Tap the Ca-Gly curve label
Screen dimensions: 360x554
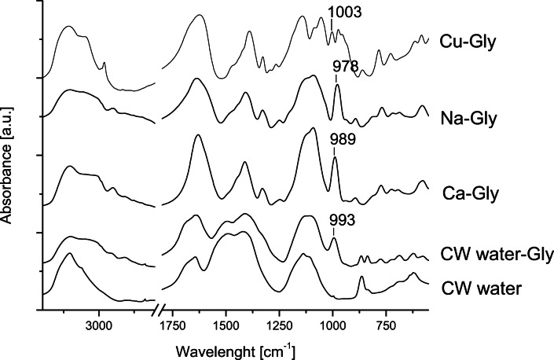[x=469, y=193]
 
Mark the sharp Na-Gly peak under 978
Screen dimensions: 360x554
[x=337, y=87]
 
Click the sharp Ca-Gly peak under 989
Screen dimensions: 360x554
[x=335, y=160]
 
